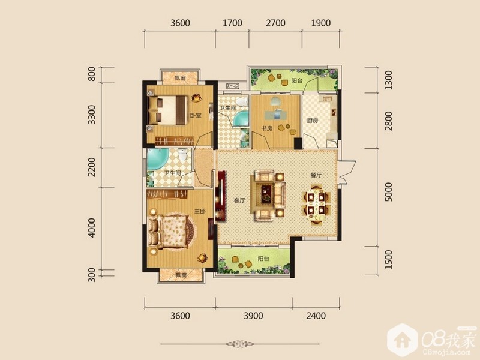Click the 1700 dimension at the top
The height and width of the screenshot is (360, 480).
pos(232,23)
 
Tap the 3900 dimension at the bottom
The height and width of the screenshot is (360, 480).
pos(253,316)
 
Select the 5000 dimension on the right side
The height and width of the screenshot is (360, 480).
pos(388,191)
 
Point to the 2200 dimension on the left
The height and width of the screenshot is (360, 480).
pos(92,167)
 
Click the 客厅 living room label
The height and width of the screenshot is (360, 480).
pos(239,200)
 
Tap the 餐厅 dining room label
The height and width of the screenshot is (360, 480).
pos(316,175)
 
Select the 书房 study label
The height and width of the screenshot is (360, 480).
pos(266,128)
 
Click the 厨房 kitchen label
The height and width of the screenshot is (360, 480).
pos(313,121)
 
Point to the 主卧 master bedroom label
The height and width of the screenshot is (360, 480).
pos(200,211)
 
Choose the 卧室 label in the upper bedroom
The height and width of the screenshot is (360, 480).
pos(196,116)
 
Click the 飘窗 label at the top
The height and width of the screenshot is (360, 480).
pos(181,78)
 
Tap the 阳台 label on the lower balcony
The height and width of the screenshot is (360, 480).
pos(263,259)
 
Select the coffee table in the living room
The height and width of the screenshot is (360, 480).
pos(266,193)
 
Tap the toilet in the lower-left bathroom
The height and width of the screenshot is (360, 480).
pos(183,155)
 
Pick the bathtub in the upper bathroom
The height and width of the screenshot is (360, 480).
pos(241,119)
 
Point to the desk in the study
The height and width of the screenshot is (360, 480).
pos(276,114)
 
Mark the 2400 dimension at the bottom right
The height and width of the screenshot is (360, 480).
pos(316,316)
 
